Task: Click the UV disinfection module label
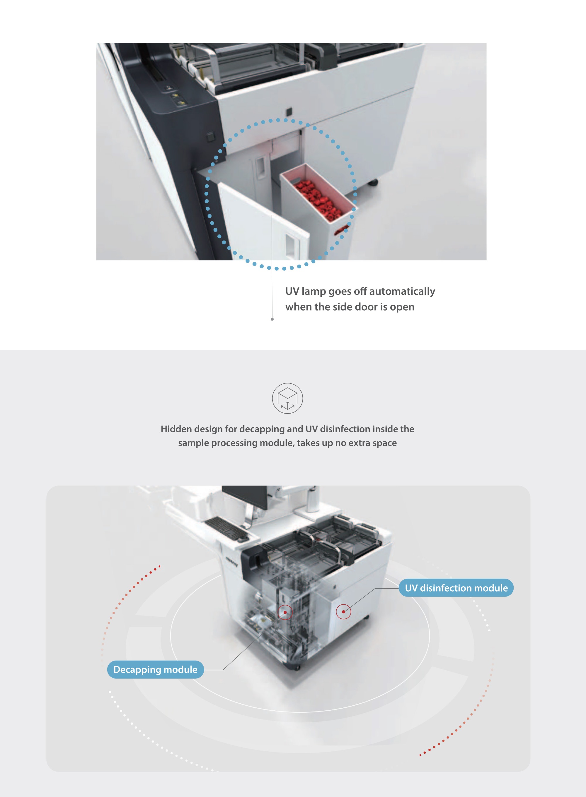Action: [x=456, y=588]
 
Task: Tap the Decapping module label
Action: [x=155, y=669]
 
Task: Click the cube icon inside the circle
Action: [x=287, y=398]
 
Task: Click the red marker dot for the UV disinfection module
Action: [x=343, y=612]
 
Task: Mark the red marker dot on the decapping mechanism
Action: [x=285, y=612]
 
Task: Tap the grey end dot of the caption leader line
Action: [x=272, y=319]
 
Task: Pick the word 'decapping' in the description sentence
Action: [x=262, y=429]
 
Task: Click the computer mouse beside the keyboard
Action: [x=243, y=540]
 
